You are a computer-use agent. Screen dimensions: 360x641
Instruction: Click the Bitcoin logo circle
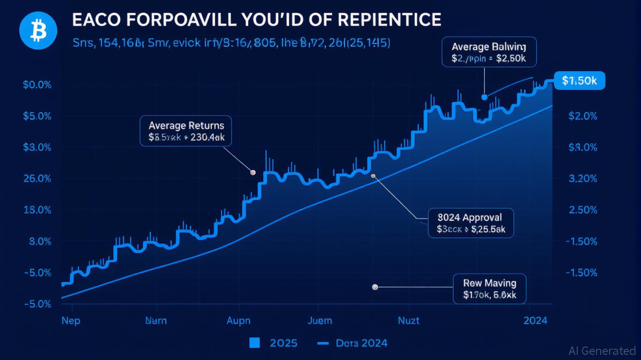pyautogui.click(x=38, y=30)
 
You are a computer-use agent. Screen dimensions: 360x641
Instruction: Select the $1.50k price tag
pyautogui.click(x=579, y=81)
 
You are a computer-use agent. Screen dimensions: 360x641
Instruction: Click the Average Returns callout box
pyautogui.click(x=186, y=131)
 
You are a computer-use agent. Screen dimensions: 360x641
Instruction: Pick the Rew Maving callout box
pyautogui.click(x=489, y=289)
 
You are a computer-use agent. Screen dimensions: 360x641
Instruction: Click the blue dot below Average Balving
pyautogui.click(x=484, y=97)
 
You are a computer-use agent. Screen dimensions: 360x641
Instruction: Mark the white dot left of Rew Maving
pyautogui.click(x=374, y=287)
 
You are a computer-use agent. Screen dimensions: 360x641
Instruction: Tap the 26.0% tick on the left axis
pyautogui.click(x=37, y=179)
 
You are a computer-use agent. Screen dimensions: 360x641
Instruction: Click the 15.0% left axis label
pyautogui.click(x=37, y=210)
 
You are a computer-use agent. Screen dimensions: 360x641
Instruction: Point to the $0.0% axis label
pyautogui.click(x=37, y=85)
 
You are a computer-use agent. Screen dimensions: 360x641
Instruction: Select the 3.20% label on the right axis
pyautogui.click(x=582, y=179)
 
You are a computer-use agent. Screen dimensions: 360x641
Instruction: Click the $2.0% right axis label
pyautogui.click(x=582, y=116)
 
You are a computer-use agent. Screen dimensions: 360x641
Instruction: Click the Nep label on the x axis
pyautogui.click(x=71, y=321)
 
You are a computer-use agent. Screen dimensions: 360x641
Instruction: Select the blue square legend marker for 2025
pyautogui.click(x=254, y=343)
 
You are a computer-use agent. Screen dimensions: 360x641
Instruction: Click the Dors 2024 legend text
pyautogui.click(x=361, y=343)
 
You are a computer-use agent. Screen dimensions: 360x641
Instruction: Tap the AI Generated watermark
pyautogui.click(x=602, y=351)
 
